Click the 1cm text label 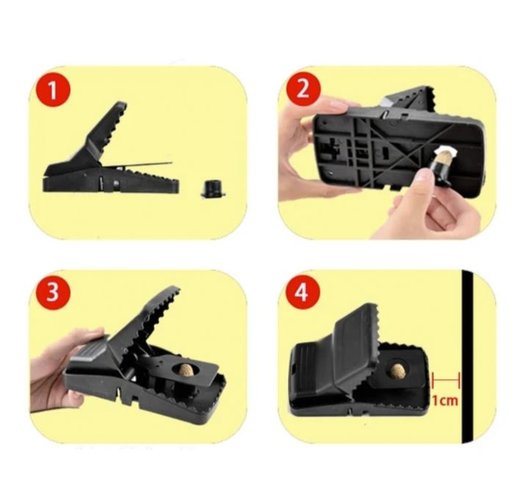[445, 401]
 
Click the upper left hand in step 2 [305, 147]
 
